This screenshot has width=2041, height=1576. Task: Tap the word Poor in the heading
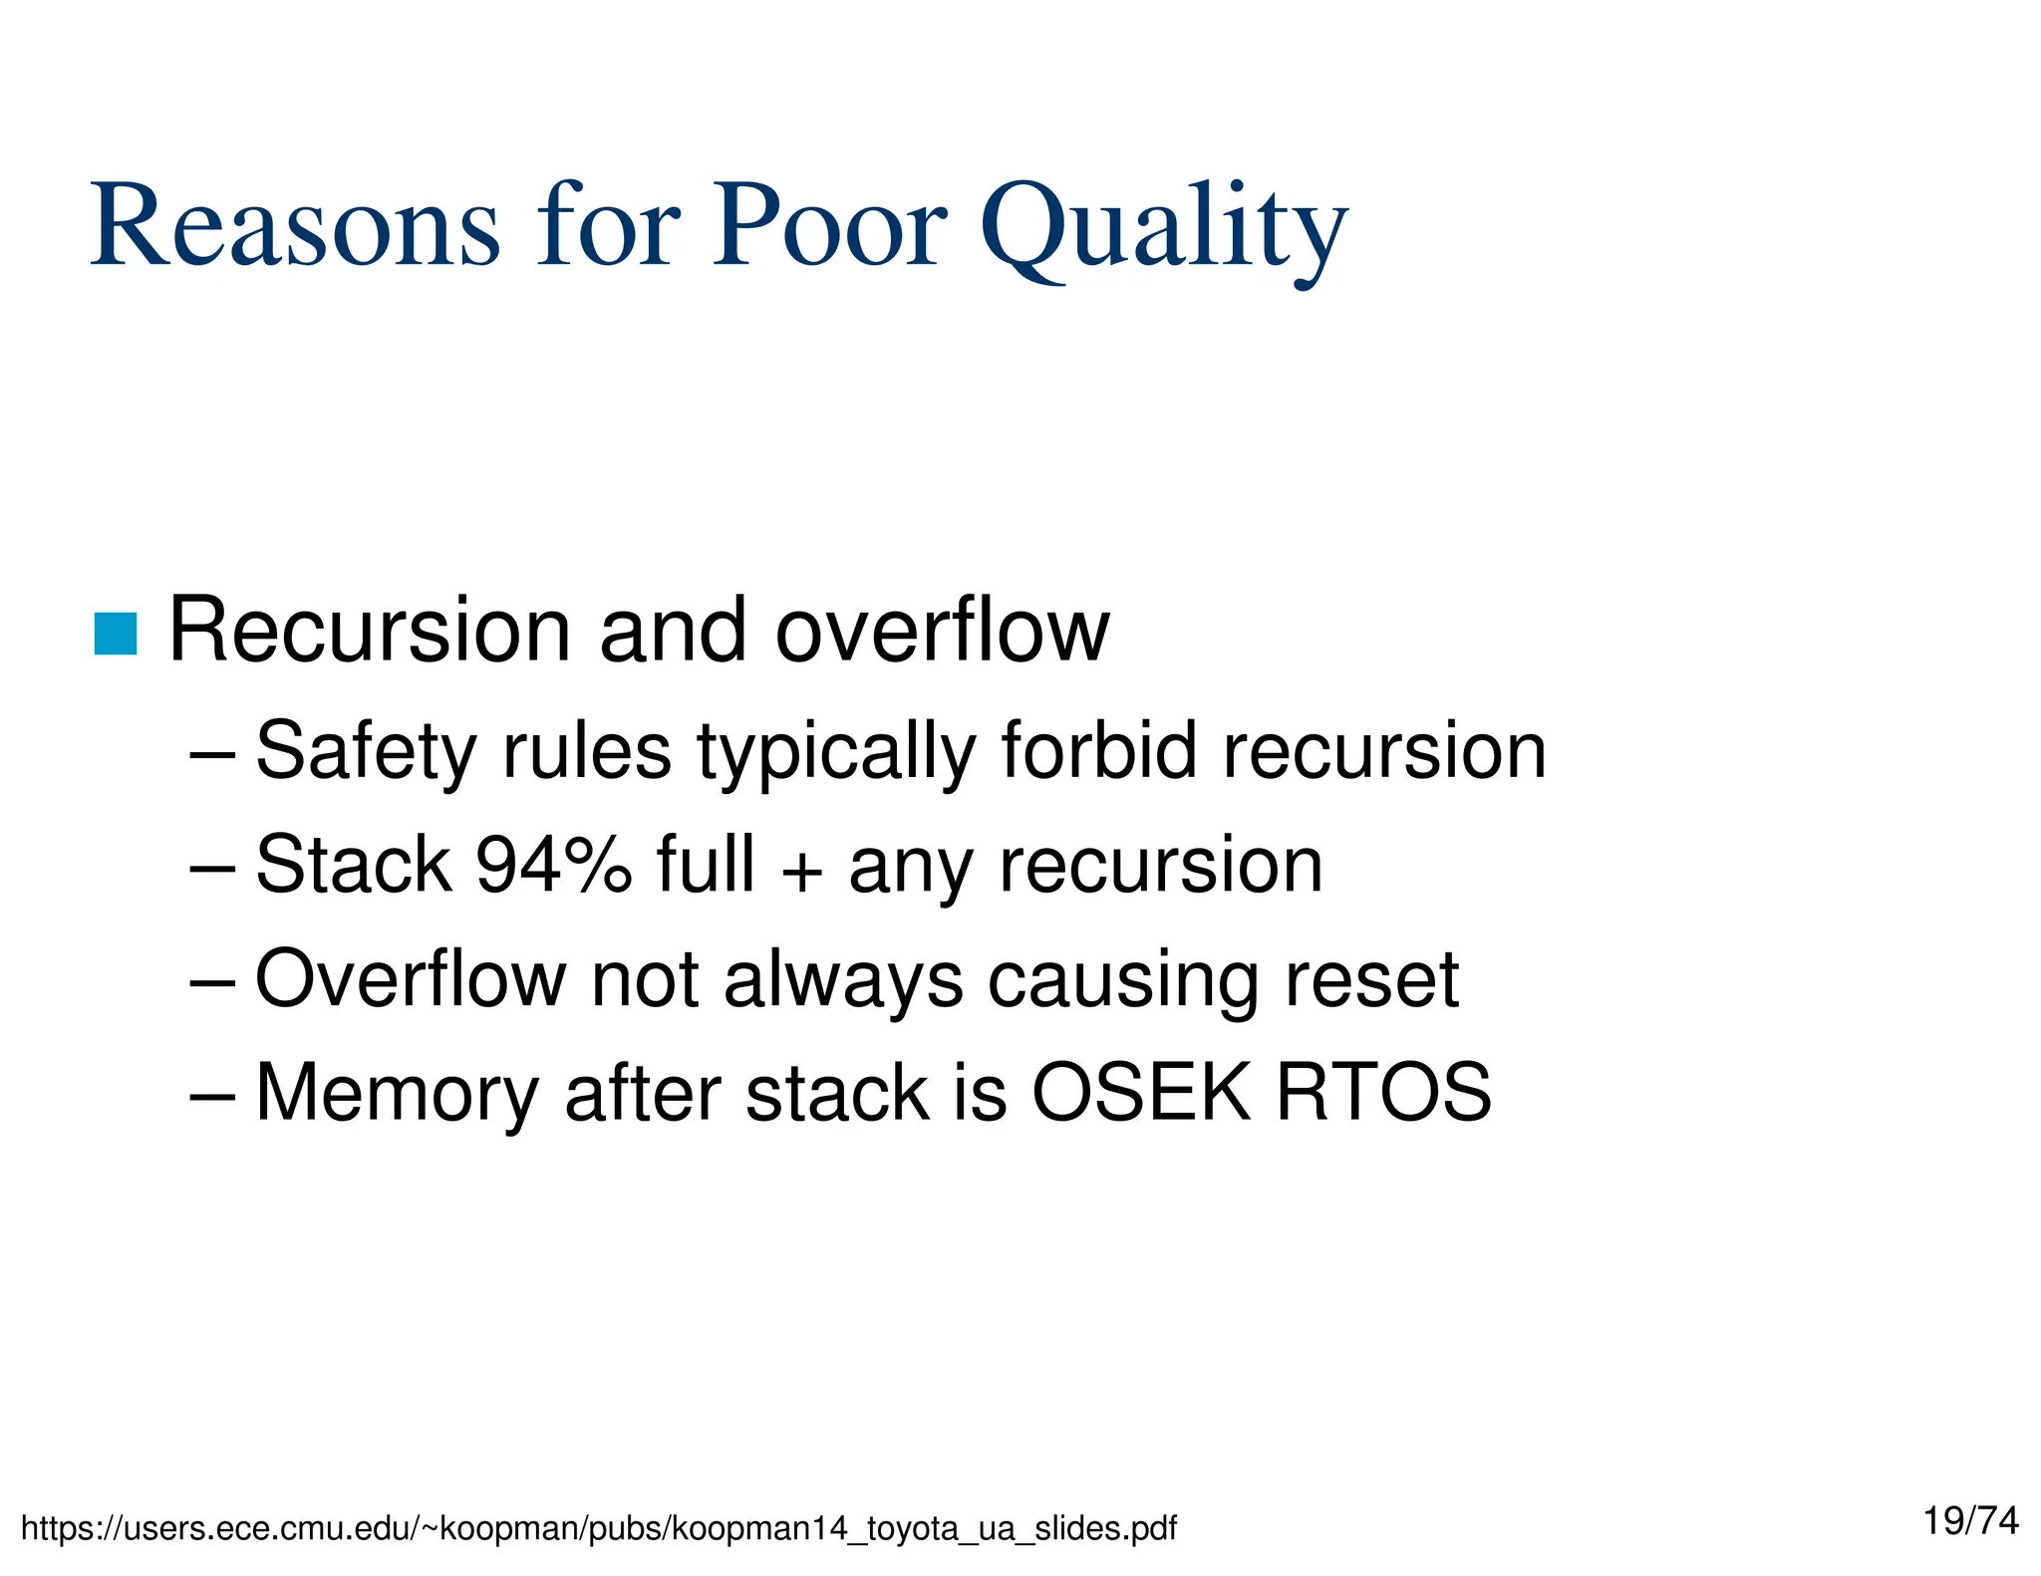[828, 228]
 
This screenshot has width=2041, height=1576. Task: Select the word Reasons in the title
[295, 228]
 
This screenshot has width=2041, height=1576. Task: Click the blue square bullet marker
[116, 635]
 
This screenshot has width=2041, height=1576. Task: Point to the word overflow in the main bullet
[942, 632]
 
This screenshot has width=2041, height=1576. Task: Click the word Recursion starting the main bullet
[370, 632]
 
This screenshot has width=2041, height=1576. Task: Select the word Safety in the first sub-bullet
[365, 752]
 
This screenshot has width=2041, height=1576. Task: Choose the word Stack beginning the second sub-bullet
[354, 865]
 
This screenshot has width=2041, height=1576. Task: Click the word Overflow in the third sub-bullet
[411, 979]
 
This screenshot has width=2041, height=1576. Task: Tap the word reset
[1371, 979]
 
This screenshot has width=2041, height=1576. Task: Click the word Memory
[397, 1094]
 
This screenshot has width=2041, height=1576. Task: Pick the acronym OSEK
[1140, 1093]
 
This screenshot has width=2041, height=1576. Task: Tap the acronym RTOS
[1384, 1093]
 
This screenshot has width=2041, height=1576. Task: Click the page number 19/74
[1970, 1521]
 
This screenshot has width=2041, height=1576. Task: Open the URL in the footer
[598, 1528]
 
